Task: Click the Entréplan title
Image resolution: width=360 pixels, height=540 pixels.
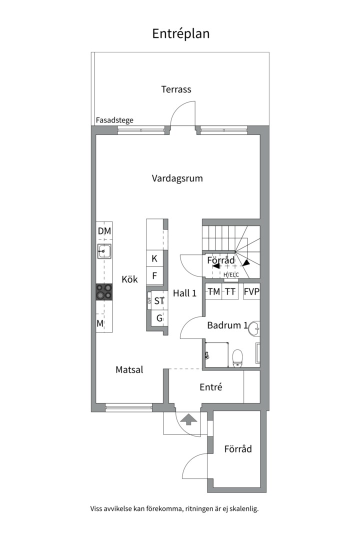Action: pos(181,34)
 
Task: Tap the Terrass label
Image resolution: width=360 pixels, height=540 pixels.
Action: pos(176,89)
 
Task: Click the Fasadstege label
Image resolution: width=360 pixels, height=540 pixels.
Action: pos(114,120)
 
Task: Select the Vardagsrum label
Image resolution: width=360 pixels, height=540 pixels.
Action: pos(177,178)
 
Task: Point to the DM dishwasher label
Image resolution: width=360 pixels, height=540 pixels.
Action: pos(104,231)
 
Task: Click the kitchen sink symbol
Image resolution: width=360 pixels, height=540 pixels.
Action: pos(104,251)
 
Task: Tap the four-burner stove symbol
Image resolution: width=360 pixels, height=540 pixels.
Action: pos(104,291)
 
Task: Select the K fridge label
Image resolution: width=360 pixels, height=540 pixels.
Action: pos(154,258)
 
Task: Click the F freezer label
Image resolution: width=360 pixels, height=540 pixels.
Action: pos(154,276)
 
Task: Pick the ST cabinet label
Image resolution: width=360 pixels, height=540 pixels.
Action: pos(159,301)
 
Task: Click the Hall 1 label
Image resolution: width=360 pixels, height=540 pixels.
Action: pos(184,293)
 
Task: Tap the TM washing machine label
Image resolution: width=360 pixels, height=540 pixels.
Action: pos(214,291)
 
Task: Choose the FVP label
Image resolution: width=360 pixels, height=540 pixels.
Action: pos(251,291)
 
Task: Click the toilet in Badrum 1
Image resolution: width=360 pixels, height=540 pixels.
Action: pos(237,358)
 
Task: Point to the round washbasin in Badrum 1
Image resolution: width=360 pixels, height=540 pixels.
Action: pos(255,328)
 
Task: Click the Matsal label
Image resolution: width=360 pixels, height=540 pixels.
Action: pos(129,370)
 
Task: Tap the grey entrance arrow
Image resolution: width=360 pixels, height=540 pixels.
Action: pos(188,420)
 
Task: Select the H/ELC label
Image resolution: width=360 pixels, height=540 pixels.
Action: pos(231,275)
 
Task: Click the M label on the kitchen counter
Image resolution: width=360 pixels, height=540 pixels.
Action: pos(100,323)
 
